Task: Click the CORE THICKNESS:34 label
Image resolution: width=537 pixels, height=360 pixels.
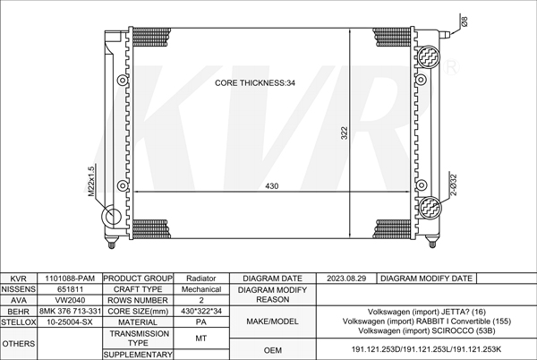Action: pyautogui.click(x=255, y=83)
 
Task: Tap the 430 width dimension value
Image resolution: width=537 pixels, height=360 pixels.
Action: pyautogui.click(x=271, y=186)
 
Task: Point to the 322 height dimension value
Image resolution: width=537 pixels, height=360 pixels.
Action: pyautogui.click(x=345, y=133)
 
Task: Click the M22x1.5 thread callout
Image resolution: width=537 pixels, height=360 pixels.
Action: pyautogui.click(x=90, y=182)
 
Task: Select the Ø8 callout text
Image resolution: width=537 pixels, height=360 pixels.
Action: pyautogui.click(x=465, y=21)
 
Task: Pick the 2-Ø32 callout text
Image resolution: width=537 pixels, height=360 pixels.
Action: pyautogui.click(x=453, y=185)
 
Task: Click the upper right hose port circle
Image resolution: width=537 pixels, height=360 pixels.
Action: pyautogui.click(x=428, y=56)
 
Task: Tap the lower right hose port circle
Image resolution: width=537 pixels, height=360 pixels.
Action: pyautogui.click(x=430, y=207)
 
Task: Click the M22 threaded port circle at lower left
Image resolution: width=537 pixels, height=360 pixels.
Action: pyautogui.click(x=112, y=217)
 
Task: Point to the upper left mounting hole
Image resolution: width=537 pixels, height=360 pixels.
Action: pyautogui.click(x=123, y=81)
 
